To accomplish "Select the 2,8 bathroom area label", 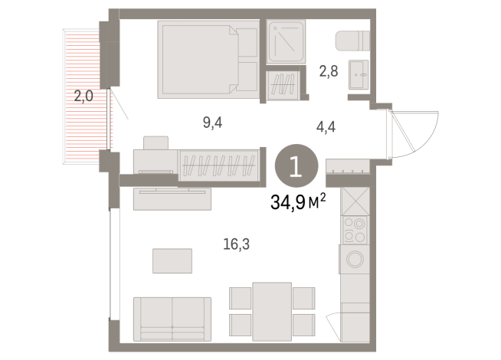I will coord(329,72).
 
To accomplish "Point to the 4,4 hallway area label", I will coord(326,127).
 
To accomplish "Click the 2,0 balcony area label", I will coord(83,97).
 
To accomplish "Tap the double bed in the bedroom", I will coord(208,60).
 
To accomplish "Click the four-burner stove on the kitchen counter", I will coord(354,228).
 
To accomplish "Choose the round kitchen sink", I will coord(355,260).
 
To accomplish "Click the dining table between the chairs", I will coord(272,309).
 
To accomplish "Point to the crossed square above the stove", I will coord(354,201).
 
